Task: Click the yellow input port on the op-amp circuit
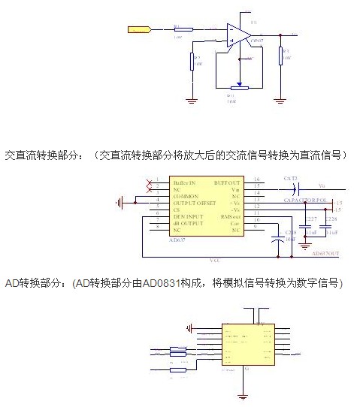pyautogui.click(x=139, y=30)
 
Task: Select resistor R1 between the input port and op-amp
pyautogui.click(x=183, y=29)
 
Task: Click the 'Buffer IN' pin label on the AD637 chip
pyautogui.click(x=185, y=182)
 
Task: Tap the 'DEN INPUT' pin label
pyautogui.click(x=187, y=216)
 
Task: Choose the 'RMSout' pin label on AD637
pyautogui.click(x=231, y=216)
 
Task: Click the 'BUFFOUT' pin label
pyautogui.click(x=228, y=182)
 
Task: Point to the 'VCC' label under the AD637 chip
pyautogui.click(x=215, y=260)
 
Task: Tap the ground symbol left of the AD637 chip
pyautogui.click(x=120, y=202)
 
